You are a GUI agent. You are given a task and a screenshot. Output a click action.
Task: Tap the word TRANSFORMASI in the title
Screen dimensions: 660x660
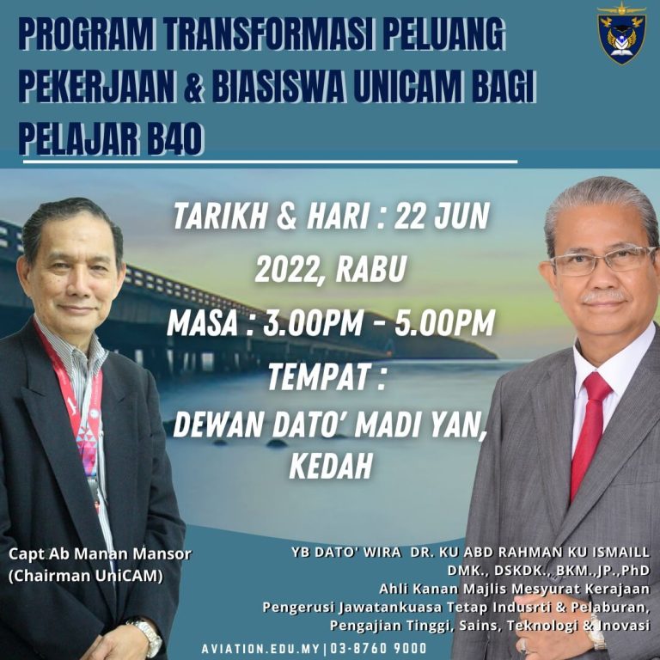point(270,34)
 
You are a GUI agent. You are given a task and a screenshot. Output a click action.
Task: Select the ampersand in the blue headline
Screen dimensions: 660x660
point(193,87)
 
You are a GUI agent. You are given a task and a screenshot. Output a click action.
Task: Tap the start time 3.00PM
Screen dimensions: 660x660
point(312,323)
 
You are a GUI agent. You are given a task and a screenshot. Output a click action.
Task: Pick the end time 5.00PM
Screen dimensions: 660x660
point(444,323)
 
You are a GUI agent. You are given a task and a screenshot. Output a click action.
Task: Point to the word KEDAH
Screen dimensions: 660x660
point(331,466)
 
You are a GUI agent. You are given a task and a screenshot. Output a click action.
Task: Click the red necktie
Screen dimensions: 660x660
point(590,433)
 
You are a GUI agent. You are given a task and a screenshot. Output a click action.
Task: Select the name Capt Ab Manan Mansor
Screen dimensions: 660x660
point(100,553)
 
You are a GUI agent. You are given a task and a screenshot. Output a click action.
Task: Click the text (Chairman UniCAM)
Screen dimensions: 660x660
point(85,576)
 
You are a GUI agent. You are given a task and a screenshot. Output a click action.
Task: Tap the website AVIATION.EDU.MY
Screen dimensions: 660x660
point(260,649)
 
